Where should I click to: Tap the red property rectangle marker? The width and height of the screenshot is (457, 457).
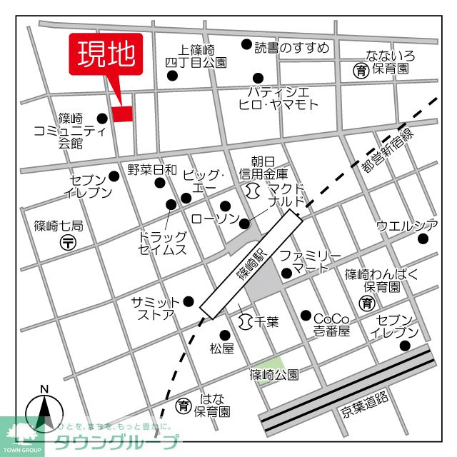pos(122,114)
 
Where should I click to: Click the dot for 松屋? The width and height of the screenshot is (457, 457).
pos(224,334)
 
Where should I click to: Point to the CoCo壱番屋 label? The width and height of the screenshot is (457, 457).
pos(332,324)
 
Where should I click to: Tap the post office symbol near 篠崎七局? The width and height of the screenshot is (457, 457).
pos(69,242)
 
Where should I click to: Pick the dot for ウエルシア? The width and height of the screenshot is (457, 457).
pos(422,238)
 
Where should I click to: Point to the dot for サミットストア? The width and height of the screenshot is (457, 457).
pos(189,301)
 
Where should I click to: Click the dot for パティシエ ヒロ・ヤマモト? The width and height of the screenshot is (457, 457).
pos(257,79)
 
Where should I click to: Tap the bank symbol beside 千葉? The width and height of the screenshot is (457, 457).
pos(246,321)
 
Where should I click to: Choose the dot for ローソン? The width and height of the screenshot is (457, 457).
pos(245,224)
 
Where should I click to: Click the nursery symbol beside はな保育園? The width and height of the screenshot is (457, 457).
pos(184,406)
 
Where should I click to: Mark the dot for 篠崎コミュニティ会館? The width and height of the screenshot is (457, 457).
pos(102,119)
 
